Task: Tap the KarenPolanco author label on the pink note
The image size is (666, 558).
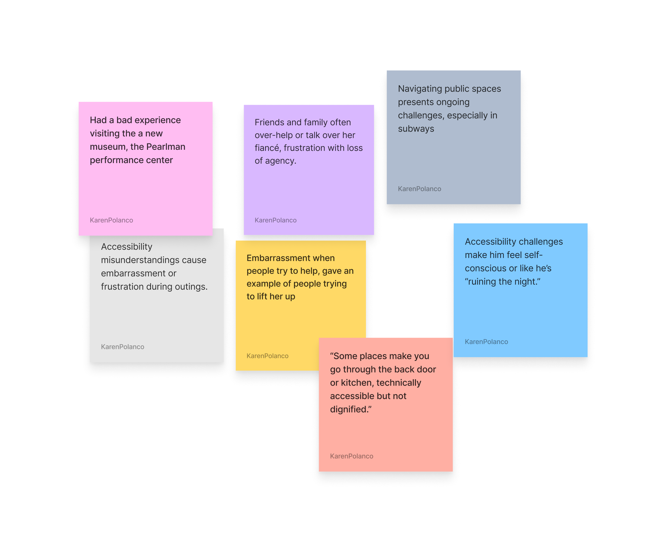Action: [111, 220]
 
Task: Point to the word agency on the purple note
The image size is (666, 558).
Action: [280, 161]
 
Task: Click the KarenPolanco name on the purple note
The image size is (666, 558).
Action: [275, 220]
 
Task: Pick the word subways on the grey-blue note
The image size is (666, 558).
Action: [416, 129]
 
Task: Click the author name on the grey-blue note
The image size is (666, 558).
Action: [419, 189]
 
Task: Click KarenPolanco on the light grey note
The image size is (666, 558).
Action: [122, 347]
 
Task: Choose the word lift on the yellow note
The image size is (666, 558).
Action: [262, 297]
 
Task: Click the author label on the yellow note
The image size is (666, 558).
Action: [267, 356]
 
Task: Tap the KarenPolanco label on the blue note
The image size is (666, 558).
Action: [486, 342]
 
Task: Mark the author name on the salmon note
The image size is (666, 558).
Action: [351, 456]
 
